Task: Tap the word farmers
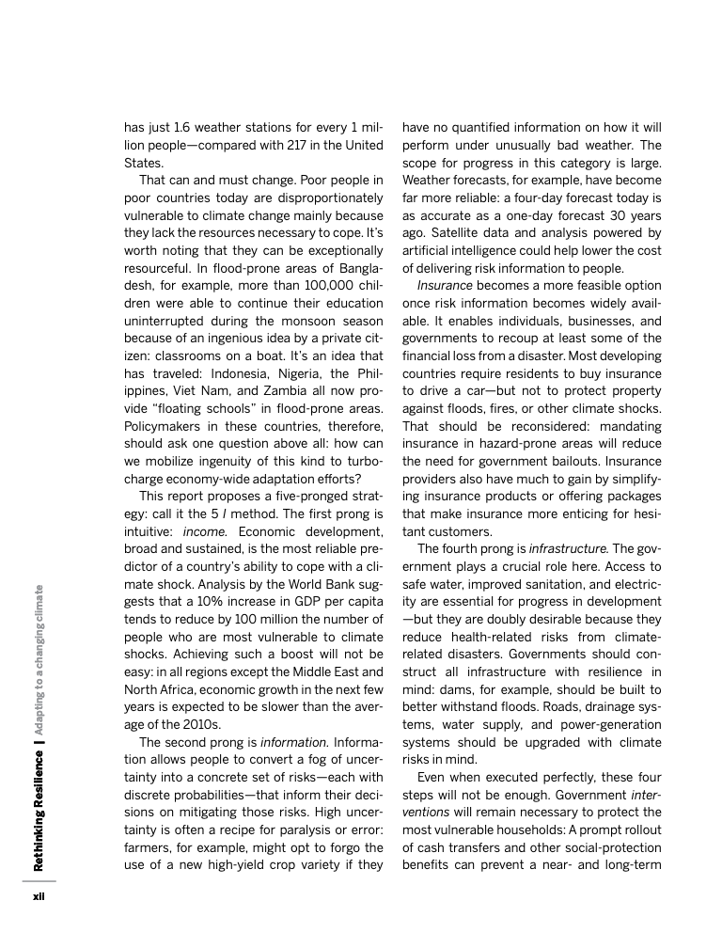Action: tap(147, 849)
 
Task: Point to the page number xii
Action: tap(39, 895)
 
